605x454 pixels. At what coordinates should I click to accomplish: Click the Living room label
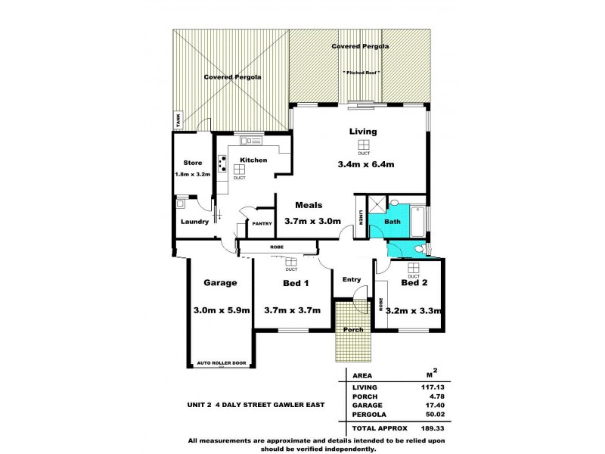coord(363,132)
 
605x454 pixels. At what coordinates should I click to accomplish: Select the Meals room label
coord(309,205)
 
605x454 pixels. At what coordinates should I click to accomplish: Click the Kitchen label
coord(253,160)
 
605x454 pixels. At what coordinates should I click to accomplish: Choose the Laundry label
coord(194,222)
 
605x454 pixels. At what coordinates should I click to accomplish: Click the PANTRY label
coord(262,224)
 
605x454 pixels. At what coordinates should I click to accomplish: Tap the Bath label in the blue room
coord(392,222)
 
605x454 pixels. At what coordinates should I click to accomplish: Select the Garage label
coord(220,283)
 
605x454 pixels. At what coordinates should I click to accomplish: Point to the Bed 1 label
coord(296,283)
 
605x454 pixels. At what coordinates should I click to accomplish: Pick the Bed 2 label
coord(414,283)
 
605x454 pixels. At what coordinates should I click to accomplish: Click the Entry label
coord(352,280)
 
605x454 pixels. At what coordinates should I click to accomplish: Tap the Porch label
coord(353,329)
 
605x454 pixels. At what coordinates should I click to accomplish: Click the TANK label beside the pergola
coord(178,120)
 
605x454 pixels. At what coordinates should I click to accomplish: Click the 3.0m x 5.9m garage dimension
coord(222,310)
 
